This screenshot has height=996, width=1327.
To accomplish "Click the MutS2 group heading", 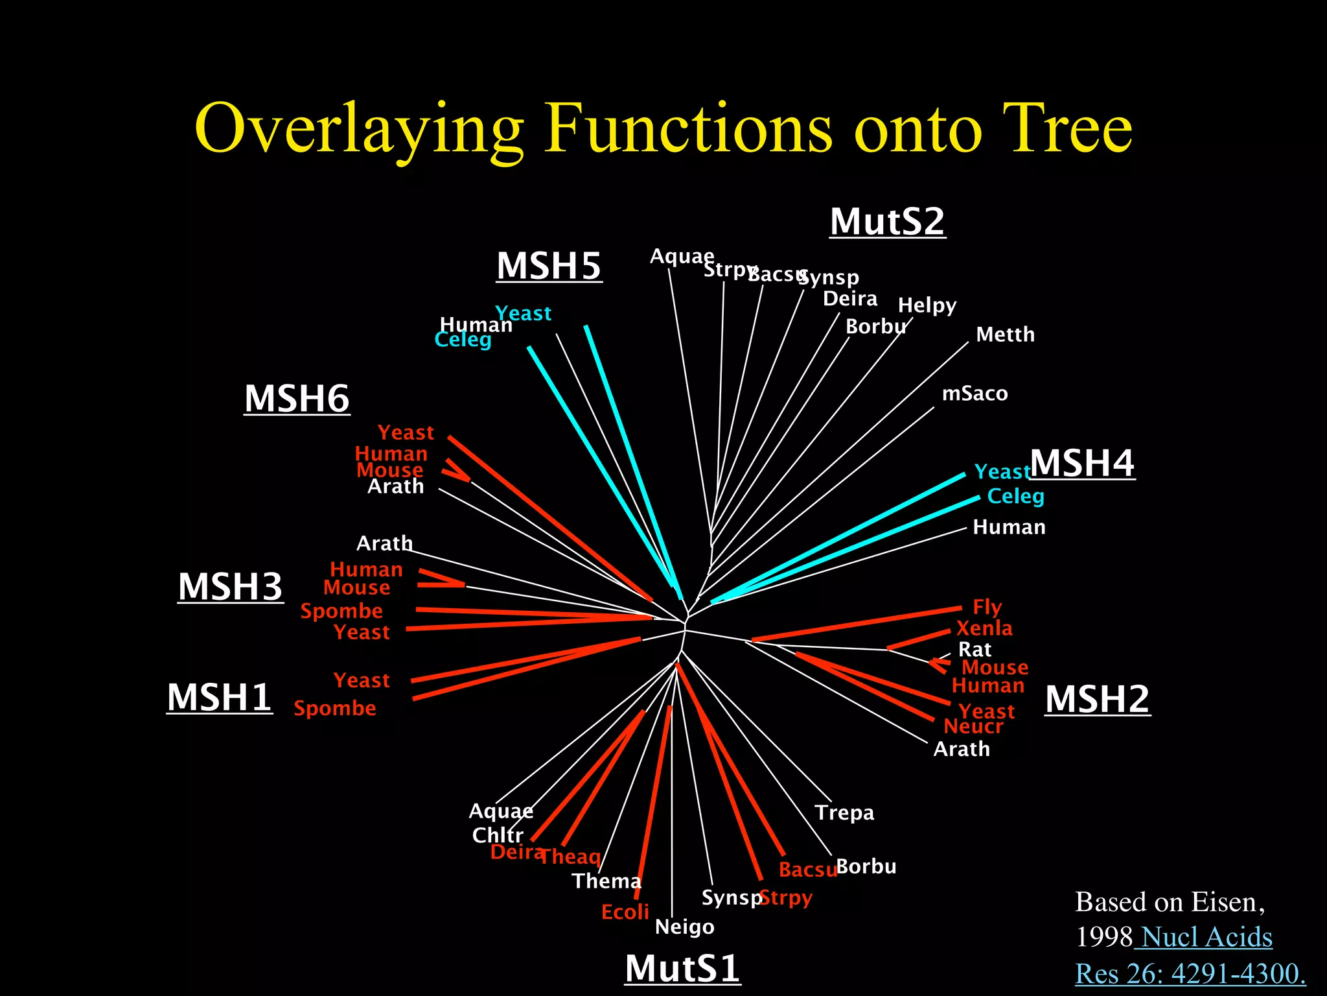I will pyautogui.click(x=887, y=222).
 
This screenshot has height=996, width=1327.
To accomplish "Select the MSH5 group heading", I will pyautogui.click(x=549, y=267).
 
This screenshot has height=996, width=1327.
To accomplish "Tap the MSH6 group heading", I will pyautogui.click(x=297, y=399).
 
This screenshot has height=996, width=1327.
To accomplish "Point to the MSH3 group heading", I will pyautogui.click(x=230, y=587).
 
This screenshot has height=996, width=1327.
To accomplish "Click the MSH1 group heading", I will pyautogui.click(x=219, y=698).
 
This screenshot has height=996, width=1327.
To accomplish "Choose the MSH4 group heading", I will pyautogui.click(x=1082, y=464).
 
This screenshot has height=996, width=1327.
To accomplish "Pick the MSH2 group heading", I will pyautogui.click(x=1097, y=700).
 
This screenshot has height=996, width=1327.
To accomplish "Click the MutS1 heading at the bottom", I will pyautogui.click(x=682, y=969).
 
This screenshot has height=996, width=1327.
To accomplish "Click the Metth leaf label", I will pyautogui.click(x=1005, y=335).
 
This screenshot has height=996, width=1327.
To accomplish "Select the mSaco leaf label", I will pyautogui.click(x=975, y=394).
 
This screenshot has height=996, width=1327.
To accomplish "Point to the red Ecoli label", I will pyautogui.click(x=625, y=912).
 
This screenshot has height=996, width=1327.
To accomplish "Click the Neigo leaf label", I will pyautogui.click(x=684, y=927).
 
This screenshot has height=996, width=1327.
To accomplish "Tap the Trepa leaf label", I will pyautogui.click(x=844, y=812).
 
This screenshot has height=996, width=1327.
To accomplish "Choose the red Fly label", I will pyautogui.click(x=987, y=608).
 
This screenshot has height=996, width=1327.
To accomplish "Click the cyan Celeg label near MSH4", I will pyautogui.click(x=1015, y=497).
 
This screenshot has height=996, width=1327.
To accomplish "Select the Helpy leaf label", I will pyautogui.click(x=927, y=305).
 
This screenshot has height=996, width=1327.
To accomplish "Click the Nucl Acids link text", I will pyautogui.click(x=1206, y=938).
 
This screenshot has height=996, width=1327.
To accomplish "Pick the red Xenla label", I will pyautogui.click(x=984, y=628).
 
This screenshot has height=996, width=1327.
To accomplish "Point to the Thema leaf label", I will pyautogui.click(x=606, y=881).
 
